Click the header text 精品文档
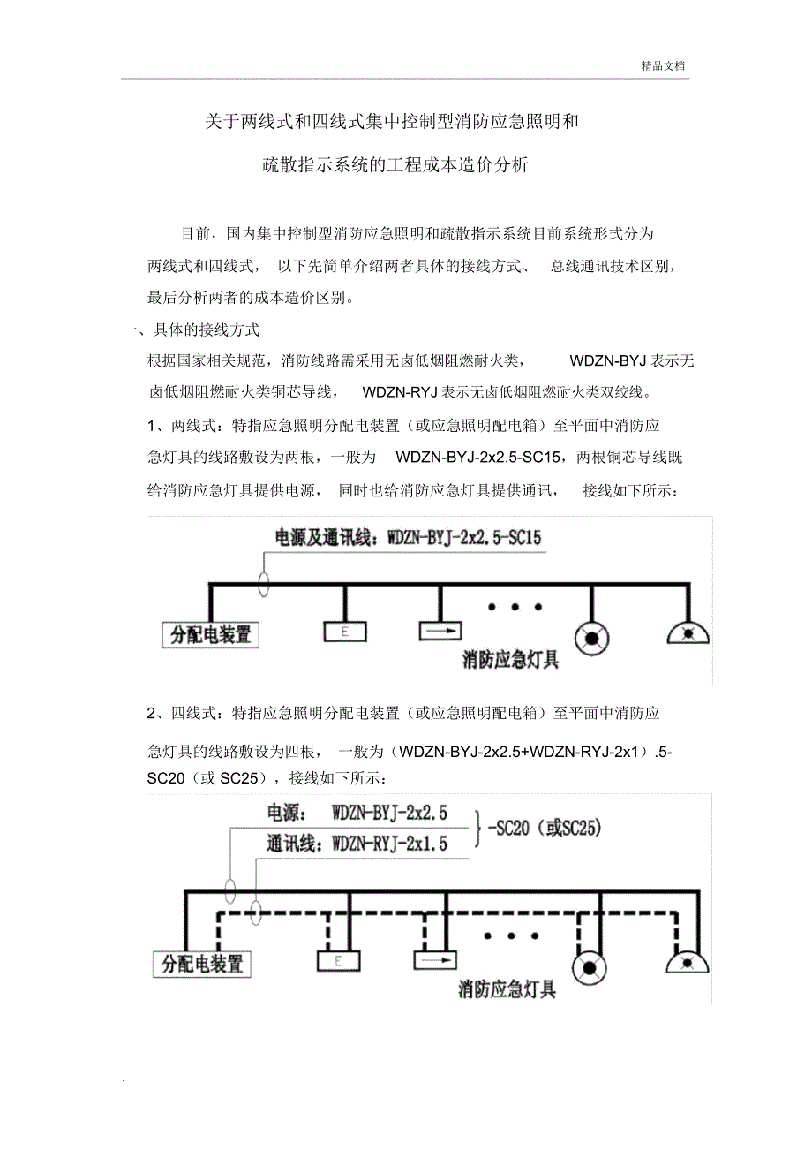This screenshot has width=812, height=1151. point(664,65)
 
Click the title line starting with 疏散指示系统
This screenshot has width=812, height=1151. point(395,164)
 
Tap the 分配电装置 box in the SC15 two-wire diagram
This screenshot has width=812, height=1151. point(210,634)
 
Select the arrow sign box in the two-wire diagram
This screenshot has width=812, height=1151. point(440,632)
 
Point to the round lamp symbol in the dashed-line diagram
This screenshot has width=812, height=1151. point(587,966)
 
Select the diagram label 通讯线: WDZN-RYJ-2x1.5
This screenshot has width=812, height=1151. point(357,844)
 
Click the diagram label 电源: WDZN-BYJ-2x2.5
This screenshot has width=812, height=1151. point(357,811)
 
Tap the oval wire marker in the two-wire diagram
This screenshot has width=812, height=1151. point(263,583)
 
